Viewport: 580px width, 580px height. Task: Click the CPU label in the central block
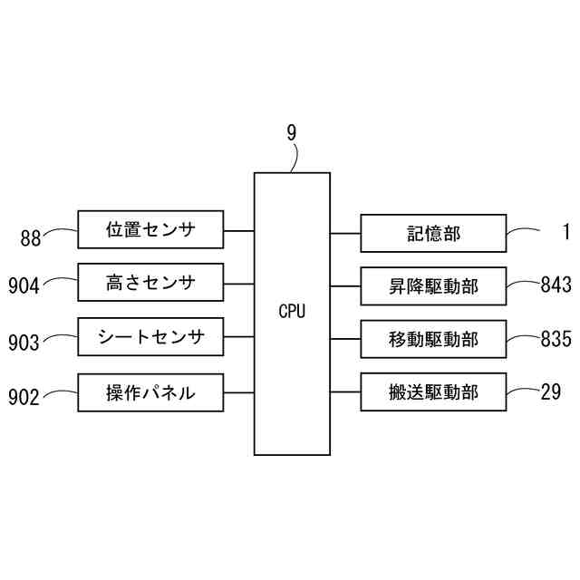click(292, 311)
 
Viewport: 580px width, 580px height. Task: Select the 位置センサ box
click(150, 230)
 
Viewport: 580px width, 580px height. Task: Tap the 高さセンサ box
click(150, 283)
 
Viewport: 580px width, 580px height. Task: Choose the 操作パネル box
click(150, 392)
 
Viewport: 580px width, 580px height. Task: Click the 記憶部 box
click(433, 234)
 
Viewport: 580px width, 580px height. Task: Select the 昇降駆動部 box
click(433, 287)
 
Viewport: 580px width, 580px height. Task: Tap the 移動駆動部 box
click(433, 340)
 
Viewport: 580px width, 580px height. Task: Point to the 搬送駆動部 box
click(433, 392)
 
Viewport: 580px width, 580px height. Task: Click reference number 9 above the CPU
click(292, 133)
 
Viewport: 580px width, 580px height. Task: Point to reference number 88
click(31, 239)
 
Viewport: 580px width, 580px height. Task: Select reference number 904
click(24, 287)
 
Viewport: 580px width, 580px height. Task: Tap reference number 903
click(24, 343)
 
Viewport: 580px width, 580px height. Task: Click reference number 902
click(24, 397)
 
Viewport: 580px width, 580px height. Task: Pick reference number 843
click(556, 286)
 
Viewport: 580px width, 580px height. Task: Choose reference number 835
click(556, 340)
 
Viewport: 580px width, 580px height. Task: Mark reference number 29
click(550, 391)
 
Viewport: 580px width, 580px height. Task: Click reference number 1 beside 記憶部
click(564, 231)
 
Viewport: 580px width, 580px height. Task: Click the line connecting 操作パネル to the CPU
click(237, 392)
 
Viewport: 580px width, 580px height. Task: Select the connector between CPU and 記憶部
click(345, 234)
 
